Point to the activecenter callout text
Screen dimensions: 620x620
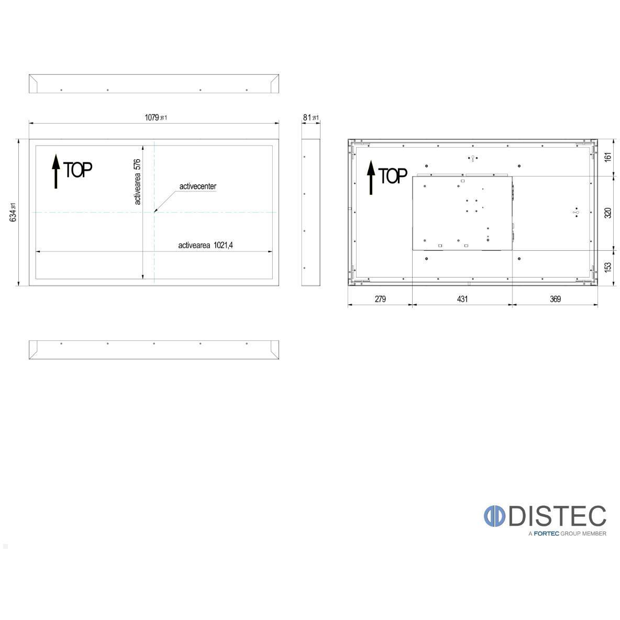pyautogui.click(x=198, y=186)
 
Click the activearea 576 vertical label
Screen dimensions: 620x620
pyautogui.click(x=137, y=182)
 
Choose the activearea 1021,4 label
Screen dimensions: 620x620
pyautogui.click(x=206, y=245)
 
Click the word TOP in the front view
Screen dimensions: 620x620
pyautogui.click(x=78, y=170)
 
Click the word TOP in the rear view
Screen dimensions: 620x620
pyautogui.click(x=393, y=176)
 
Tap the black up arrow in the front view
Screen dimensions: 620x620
pyautogui.click(x=56, y=171)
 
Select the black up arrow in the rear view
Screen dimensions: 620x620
pyautogui.click(x=371, y=178)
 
